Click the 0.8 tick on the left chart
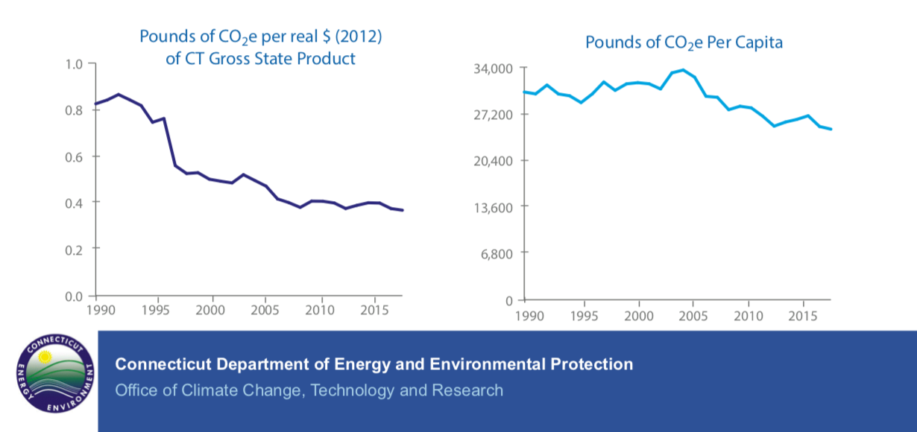tap(75, 110)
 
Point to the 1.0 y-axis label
tap(75, 64)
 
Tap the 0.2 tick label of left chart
tap(75, 249)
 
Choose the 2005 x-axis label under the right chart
tap(693, 314)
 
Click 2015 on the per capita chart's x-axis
tap(802, 314)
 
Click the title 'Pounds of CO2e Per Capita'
tap(684, 42)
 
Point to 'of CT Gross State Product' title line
tap(260, 58)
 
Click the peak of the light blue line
tap(683, 70)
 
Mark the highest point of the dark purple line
tap(119, 95)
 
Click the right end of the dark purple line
tap(403, 210)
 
